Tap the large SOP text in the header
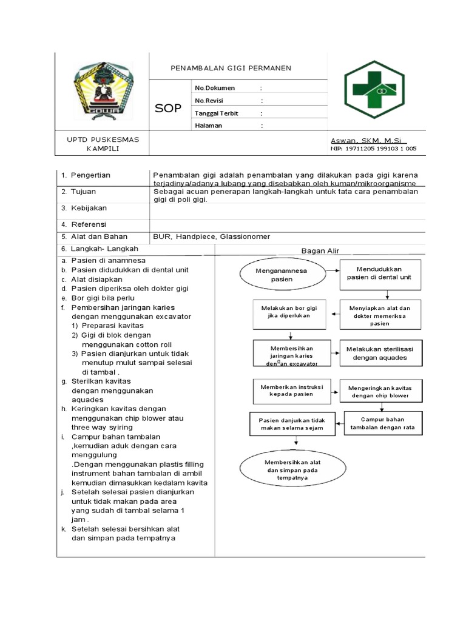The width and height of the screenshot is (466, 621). click(x=168, y=109)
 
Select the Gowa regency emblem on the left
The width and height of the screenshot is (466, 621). click(x=101, y=92)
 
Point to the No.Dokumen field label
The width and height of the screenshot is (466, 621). click(x=214, y=88)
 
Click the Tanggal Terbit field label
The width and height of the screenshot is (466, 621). click(x=216, y=113)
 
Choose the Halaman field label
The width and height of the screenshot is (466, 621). click(x=208, y=126)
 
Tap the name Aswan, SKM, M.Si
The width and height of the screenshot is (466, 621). click(x=369, y=140)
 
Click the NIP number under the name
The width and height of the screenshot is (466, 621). click(x=373, y=149)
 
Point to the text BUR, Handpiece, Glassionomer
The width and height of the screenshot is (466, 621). click(x=212, y=237)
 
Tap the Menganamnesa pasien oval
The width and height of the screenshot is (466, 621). click(x=273, y=275)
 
